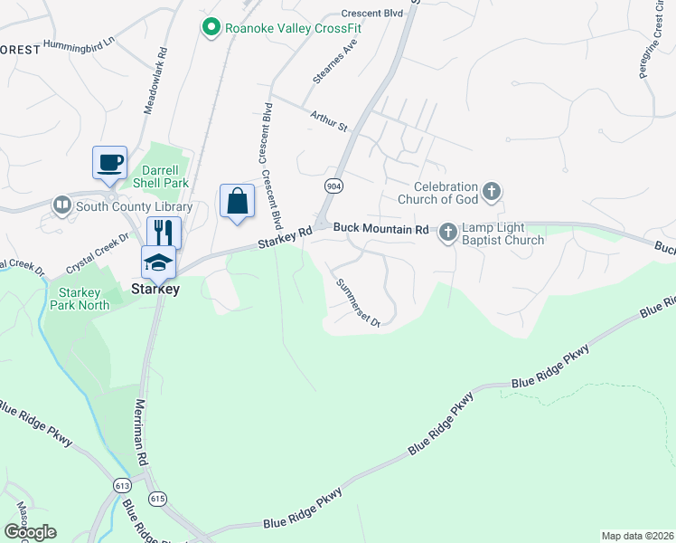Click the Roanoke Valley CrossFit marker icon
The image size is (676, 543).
pyautogui.click(x=211, y=28)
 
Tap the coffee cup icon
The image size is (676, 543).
pyautogui.click(x=109, y=163)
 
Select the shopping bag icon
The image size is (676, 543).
pyautogui.click(x=237, y=200)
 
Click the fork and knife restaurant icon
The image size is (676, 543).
pyautogui.click(x=164, y=233)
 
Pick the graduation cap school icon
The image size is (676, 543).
pyautogui.click(x=158, y=262)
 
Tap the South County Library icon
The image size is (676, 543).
pyautogui.click(x=62, y=205)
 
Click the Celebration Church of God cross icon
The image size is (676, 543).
pyautogui.click(x=492, y=191)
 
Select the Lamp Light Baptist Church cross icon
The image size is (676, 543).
pyautogui.click(x=447, y=233)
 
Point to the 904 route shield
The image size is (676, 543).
pyautogui.click(x=333, y=185)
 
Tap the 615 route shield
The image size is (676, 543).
pyautogui.click(x=158, y=499)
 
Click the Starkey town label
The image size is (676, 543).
pyautogui.click(x=155, y=290)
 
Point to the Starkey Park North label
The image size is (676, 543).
pyautogui.click(x=84, y=299)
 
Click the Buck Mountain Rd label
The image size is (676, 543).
pyautogui.click(x=380, y=230)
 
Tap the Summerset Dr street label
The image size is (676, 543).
pyautogui.click(x=359, y=301)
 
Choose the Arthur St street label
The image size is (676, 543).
pyautogui.click(x=329, y=120)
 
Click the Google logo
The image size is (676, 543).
pyautogui.click(x=30, y=532)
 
